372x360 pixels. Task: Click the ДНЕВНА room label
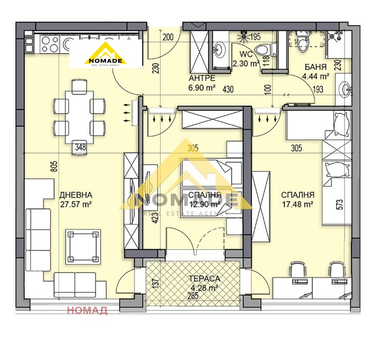coord(76,195)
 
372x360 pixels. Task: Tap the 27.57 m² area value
coord(76,204)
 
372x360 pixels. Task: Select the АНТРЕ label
coord(202,78)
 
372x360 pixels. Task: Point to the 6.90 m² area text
coord(202,88)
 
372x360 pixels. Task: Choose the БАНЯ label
coord(317,67)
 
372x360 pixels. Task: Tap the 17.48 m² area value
coord(297,204)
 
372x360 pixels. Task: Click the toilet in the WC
coord(263,50)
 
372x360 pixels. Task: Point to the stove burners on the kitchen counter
coord(50,45)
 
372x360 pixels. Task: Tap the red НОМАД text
coord(87,310)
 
